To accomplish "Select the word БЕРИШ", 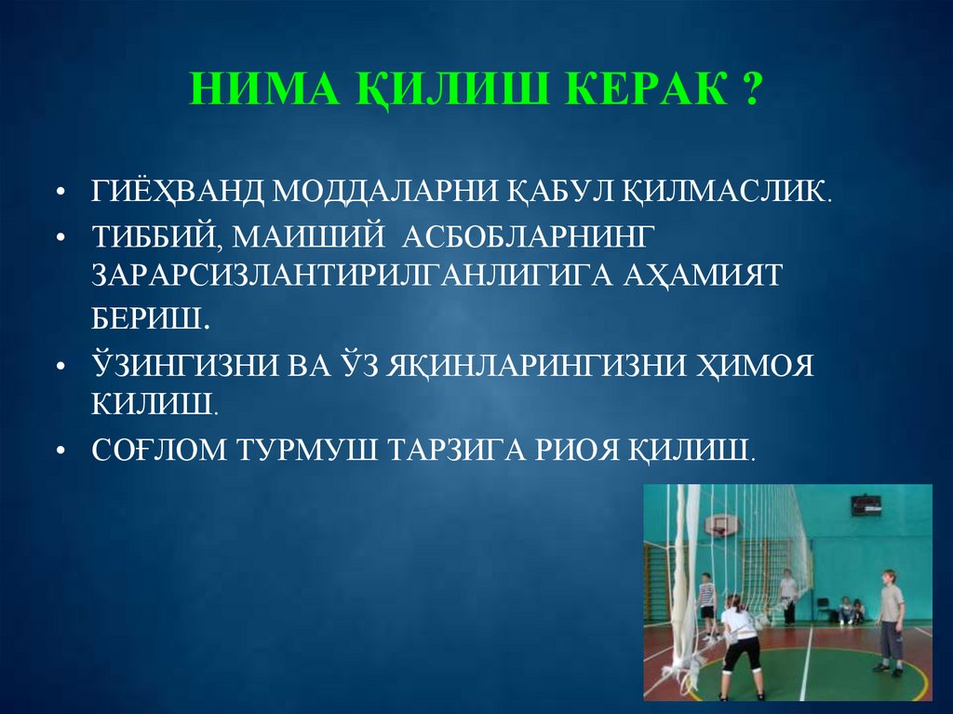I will click(150, 319).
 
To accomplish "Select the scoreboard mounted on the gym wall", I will click(865, 505).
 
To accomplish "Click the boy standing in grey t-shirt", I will click(890, 619).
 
